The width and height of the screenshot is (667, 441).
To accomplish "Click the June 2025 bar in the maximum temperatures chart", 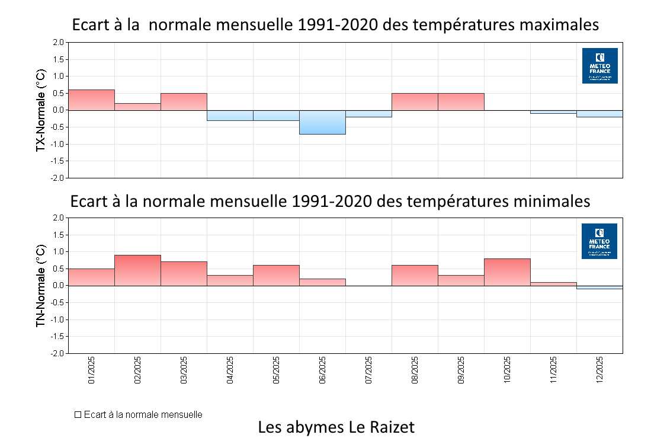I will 322,122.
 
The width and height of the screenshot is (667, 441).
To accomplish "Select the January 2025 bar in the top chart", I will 91,100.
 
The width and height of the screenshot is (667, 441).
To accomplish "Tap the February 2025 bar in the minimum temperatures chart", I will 137,270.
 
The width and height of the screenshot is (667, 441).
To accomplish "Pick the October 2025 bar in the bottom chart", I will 507,272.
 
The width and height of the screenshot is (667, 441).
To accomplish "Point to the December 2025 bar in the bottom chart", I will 599,287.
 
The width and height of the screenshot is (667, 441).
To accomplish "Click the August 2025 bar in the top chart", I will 415,101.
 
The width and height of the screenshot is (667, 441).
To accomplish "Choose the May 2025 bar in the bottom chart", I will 276,275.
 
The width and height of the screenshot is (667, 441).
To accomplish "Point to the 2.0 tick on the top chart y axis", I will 57,43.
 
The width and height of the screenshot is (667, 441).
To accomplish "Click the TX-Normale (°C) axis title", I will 41,110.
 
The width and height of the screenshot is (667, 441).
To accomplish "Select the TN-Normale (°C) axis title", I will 41,286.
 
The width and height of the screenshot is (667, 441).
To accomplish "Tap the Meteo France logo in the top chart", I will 599,65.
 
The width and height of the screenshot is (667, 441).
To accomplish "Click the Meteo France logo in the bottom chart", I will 599,241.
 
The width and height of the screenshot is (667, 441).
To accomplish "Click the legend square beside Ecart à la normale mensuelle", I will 78,415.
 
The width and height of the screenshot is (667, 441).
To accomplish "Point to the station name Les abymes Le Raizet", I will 336,427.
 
